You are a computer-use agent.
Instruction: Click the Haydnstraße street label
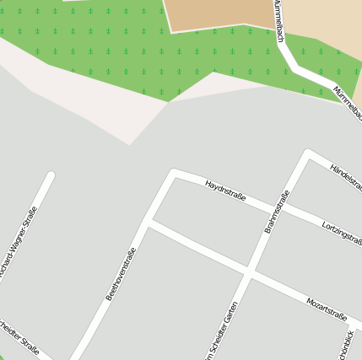[x=224, y=191]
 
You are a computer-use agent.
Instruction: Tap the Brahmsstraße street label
[x=277, y=212]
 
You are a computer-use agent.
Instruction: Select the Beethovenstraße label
[x=121, y=273]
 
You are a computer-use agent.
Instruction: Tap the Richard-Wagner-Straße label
[x=19, y=244]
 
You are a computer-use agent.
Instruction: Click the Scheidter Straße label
[x=19, y=336]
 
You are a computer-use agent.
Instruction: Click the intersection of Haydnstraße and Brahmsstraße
[x=278, y=208]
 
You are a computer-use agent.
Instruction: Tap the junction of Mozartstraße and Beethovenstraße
[x=148, y=223]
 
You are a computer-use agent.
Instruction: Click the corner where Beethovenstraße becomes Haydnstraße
[x=175, y=172]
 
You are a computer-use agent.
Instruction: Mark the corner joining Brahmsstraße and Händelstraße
[x=309, y=153]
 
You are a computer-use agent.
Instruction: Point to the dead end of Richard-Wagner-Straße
[x=51, y=175]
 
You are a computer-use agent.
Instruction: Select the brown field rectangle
[x=219, y=13]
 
